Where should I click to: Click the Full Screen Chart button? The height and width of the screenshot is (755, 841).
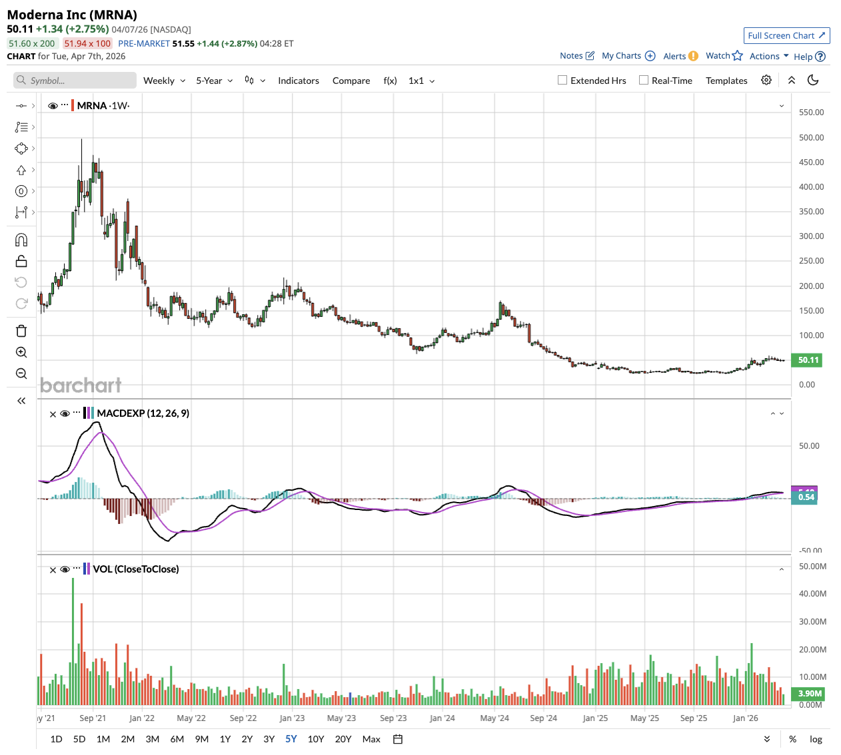point(786,36)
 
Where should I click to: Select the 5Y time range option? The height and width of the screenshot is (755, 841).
point(291,739)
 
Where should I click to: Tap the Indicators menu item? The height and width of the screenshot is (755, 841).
point(298,81)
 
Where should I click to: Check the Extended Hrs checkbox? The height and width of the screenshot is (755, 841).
point(562,81)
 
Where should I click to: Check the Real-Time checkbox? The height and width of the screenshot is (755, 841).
point(644,81)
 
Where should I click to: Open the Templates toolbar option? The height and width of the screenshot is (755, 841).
point(726,81)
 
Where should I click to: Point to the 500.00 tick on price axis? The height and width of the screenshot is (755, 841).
point(811,138)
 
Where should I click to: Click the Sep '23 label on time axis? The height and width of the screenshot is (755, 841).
point(393,718)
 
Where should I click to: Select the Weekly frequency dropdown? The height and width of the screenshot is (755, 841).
point(164,81)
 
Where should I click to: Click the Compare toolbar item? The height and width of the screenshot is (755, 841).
point(351,81)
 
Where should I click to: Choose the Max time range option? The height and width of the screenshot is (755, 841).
point(371,739)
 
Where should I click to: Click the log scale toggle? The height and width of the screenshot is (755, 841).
point(816,739)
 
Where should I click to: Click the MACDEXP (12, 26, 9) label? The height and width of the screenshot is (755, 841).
point(143,413)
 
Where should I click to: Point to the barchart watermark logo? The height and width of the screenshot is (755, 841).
point(81,385)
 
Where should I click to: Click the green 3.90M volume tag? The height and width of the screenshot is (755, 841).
point(809,694)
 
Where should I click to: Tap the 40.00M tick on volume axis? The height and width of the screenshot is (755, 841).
point(812,594)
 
